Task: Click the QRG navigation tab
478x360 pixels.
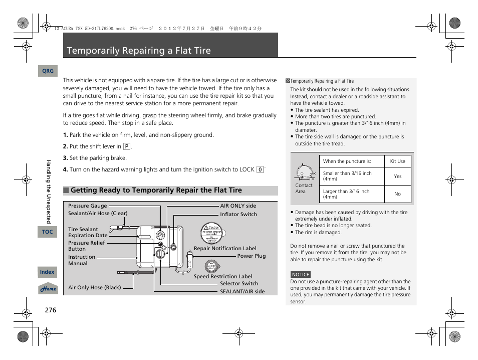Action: pyautogui.click(x=48, y=71)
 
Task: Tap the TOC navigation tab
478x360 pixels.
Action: pyautogui.click(x=47, y=232)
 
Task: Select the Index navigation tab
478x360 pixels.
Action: pyautogui.click(x=47, y=272)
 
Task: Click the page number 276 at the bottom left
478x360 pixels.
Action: pyautogui.click(x=50, y=310)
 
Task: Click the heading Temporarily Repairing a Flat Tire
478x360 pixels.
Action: pyautogui.click(x=139, y=51)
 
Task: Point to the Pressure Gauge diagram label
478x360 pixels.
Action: pyautogui.click(x=88, y=206)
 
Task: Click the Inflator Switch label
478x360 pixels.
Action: pyautogui.click(x=238, y=214)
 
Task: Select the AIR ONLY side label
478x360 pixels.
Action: pyautogui.click(x=238, y=206)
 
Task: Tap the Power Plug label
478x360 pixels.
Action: pyautogui.click(x=252, y=256)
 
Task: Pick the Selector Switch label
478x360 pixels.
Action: pyautogui.click(x=239, y=283)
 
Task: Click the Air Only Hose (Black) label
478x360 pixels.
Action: pyautogui.click(x=95, y=287)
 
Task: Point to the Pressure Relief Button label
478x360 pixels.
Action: pyautogui.click(x=86, y=246)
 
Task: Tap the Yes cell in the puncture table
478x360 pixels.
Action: pyautogui.click(x=397, y=176)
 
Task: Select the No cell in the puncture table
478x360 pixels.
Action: pyautogui.click(x=397, y=194)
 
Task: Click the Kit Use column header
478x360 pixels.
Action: pyautogui.click(x=397, y=161)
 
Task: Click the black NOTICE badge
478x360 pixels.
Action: pyautogui.click(x=301, y=274)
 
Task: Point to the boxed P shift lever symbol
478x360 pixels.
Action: pyautogui.click(x=127, y=147)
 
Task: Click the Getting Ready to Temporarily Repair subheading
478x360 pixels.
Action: pyautogui.click(x=156, y=191)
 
